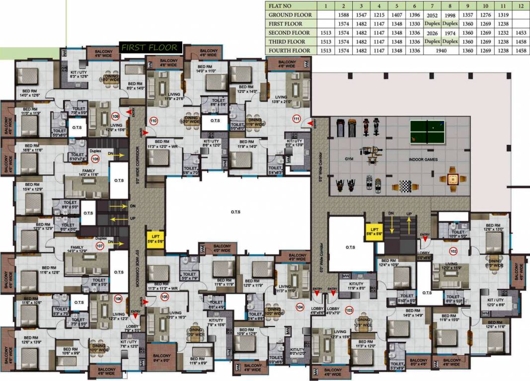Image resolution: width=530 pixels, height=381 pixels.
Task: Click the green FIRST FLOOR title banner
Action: click(x=150, y=48)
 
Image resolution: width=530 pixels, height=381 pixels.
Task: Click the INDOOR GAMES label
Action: click(x=423, y=160)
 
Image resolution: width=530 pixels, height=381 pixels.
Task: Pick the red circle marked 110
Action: click(x=153, y=121)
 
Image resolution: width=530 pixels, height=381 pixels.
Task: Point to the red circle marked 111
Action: click(x=297, y=119)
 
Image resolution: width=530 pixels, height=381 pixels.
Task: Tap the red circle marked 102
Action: click(x=453, y=251)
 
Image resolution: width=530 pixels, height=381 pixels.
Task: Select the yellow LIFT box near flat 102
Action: click(x=373, y=231)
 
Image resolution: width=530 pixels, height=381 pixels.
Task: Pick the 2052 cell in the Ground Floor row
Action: click(x=432, y=15)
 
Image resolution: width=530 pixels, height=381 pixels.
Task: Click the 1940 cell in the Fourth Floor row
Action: click(x=441, y=51)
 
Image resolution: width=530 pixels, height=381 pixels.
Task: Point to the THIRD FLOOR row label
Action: click(x=287, y=42)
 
